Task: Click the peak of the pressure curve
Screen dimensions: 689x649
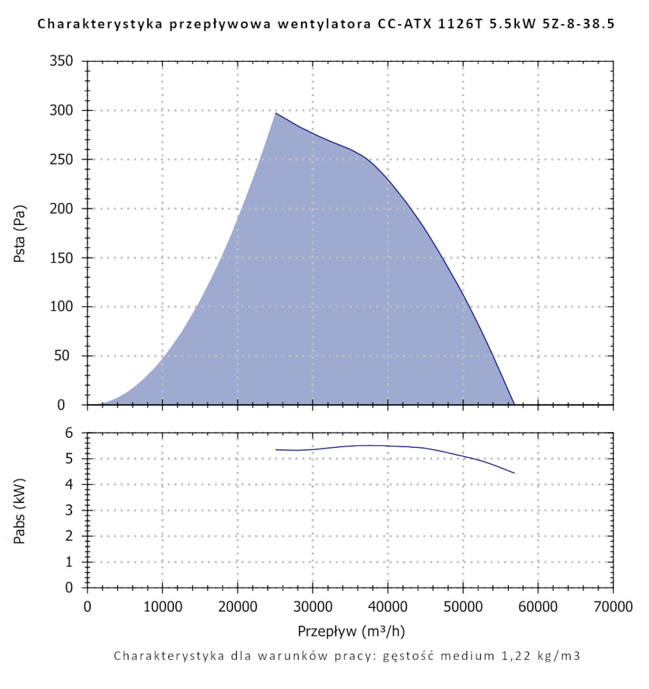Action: pos(276,114)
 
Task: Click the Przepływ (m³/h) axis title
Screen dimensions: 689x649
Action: pos(351,631)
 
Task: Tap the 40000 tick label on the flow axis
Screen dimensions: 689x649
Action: pos(387,607)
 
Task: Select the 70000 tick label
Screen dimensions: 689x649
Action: pos(613,607)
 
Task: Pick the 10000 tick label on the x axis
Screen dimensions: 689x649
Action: pos(162,607)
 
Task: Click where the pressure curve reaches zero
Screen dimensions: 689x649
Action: pos(514,404)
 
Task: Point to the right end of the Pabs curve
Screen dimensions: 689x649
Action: pos(514,473)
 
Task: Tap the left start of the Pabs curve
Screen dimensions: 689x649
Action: pos(276,450)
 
